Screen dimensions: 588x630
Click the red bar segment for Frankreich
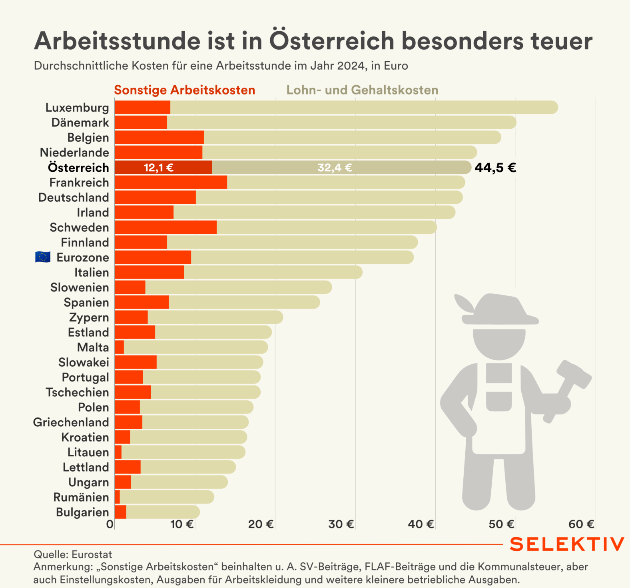pos(171,183)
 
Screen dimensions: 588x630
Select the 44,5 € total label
pos(495,167)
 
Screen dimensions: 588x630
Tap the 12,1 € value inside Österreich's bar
pos(159,168)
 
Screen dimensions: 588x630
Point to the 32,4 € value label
pos(335,168)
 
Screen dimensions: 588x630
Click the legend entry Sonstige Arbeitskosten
pos(184,90)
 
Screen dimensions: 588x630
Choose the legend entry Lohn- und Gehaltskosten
pos(362,90)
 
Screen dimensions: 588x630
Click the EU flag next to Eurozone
pos(43,257)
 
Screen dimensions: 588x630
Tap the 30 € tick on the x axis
pos(341,524)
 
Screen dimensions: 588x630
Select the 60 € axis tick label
pos(581,524)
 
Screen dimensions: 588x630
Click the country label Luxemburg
pos(77,108)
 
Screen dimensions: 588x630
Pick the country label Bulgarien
pos(82,512)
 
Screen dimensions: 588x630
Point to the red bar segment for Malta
pos(119,347)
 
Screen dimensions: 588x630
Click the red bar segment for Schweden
pos(165,227)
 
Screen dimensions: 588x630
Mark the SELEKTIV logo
pos(566,544)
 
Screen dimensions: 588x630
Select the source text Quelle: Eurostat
pos(73,554)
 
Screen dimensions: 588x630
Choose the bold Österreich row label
pos(78,168)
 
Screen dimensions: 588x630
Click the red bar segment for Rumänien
pos(117,497)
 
